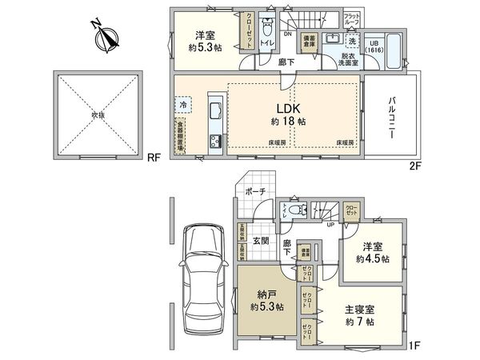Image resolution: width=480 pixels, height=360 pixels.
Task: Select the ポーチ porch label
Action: pos(255,193)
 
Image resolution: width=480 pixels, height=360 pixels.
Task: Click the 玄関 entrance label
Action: pos(262,241)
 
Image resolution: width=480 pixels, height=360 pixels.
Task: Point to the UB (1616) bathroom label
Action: pos(374,46)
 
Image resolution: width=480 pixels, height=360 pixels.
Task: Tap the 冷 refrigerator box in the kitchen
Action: pos(183,103)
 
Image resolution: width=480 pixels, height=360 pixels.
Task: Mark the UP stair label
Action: pos(330,224)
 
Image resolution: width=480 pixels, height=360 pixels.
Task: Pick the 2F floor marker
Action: pos(414,166)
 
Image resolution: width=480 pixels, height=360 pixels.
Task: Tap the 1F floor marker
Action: pos(414,345)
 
